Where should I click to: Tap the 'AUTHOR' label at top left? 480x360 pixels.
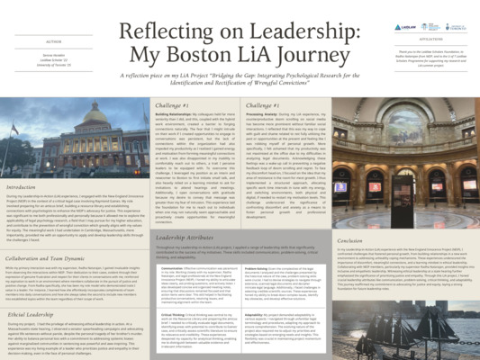coord(53,40)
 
